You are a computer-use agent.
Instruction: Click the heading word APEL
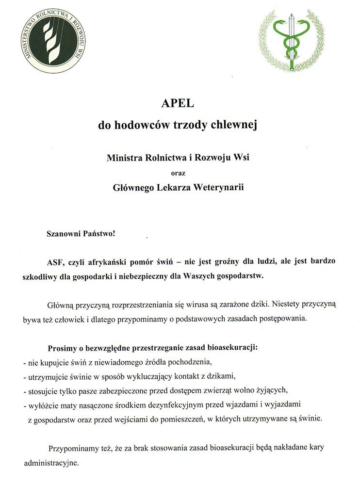click(x=180, y=104)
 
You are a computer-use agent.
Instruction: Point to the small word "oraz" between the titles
click(x=180, y=171)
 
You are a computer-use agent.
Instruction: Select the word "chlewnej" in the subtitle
click(x=238, y=125)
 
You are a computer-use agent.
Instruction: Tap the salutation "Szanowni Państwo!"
click(x=81, y=233)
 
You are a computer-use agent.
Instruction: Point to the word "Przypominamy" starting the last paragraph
click(x=69, y=449)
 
